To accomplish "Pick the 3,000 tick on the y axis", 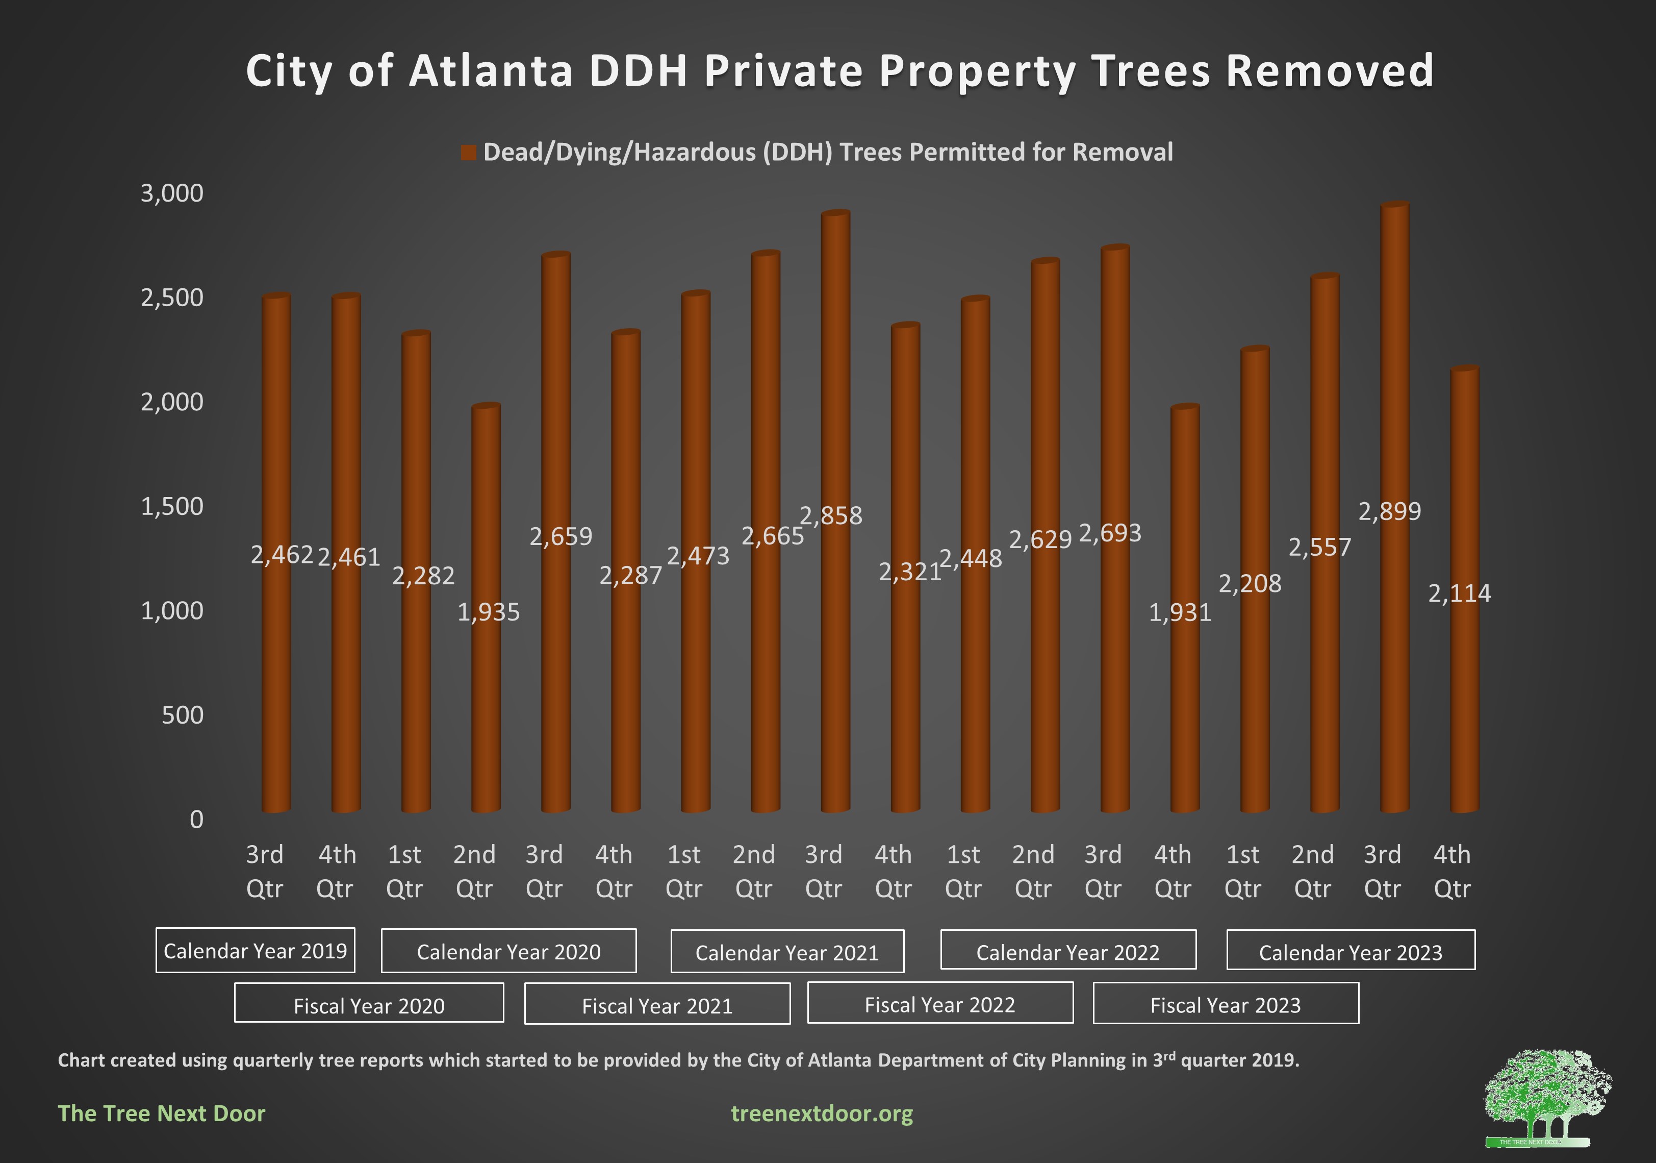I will tap(172, 193).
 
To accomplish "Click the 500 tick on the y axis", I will tap(183, 715).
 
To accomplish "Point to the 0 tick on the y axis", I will tap(196, 820).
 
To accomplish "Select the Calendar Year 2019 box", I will tap(256, 950).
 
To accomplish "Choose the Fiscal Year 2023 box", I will tap(1226, 1004).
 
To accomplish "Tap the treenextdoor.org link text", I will tap(822, 1113).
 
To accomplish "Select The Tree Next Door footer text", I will tap(162, 1113).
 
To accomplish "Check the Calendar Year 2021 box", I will tap(787, 952).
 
